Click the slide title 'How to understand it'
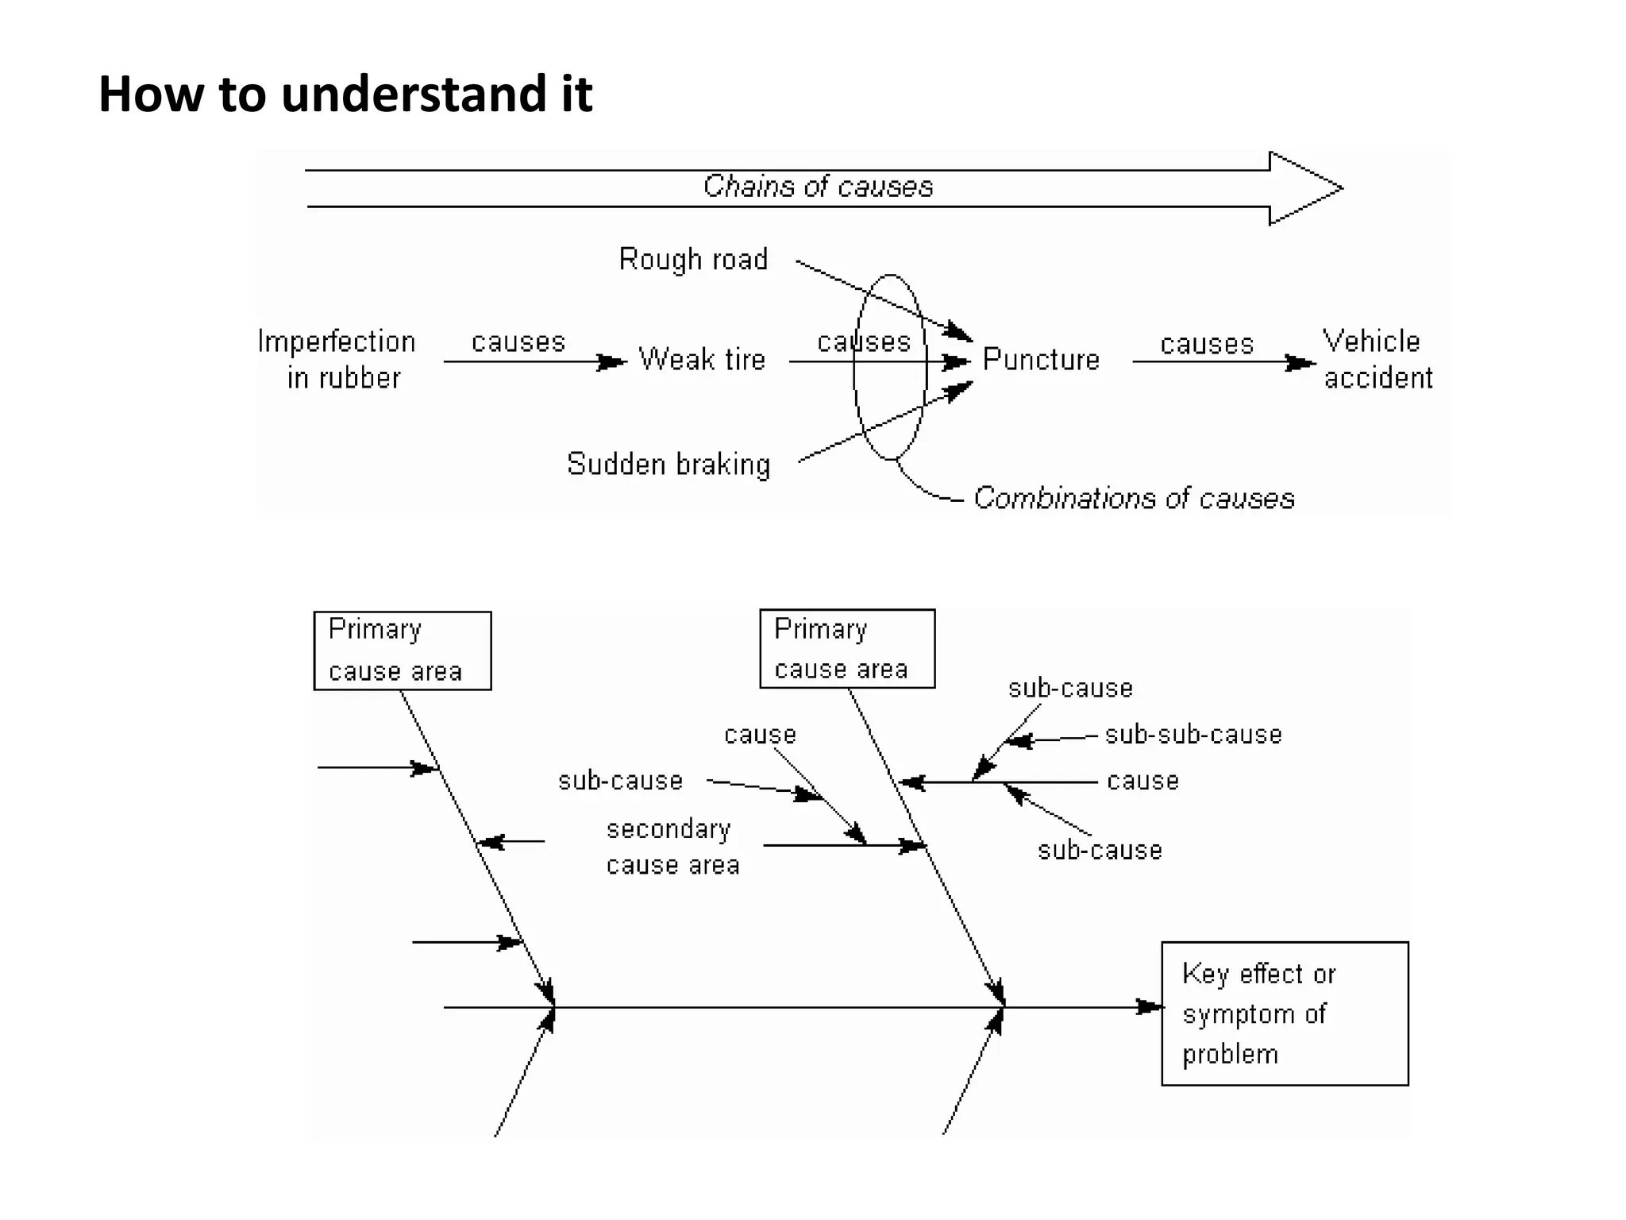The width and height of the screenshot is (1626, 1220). pos(345,94)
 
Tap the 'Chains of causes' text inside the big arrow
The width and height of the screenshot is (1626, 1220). pos(818,187)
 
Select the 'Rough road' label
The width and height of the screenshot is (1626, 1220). pos(693,260)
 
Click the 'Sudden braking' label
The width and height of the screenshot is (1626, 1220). pos(669,464)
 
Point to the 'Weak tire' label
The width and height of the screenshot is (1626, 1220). pos(702,360)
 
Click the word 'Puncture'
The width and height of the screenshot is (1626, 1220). pos(1041,360)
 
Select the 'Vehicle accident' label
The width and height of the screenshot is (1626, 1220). pos(1377,359)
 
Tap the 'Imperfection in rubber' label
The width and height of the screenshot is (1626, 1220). pos(337,359)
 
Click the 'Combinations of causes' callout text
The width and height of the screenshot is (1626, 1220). pos(1134,499)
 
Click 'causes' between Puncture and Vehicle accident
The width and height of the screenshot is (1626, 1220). pos(1207,344)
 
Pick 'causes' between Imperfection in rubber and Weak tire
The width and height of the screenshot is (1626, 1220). pos(518,342)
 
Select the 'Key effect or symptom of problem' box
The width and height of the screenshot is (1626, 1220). pos(1284,1013)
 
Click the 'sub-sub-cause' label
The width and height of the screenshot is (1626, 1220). pos(1193,735)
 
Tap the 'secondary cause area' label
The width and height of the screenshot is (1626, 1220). pos(672,847)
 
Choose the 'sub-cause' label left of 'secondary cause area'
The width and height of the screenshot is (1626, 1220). pos(620,781)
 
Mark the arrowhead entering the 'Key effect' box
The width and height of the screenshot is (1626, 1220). pos(1150,1007)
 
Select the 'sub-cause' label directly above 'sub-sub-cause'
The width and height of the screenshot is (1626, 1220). pos(1070,688)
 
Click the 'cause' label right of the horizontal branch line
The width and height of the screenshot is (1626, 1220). pos(1142,781)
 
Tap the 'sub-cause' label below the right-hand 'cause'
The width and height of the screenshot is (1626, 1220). pos(1100,851)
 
